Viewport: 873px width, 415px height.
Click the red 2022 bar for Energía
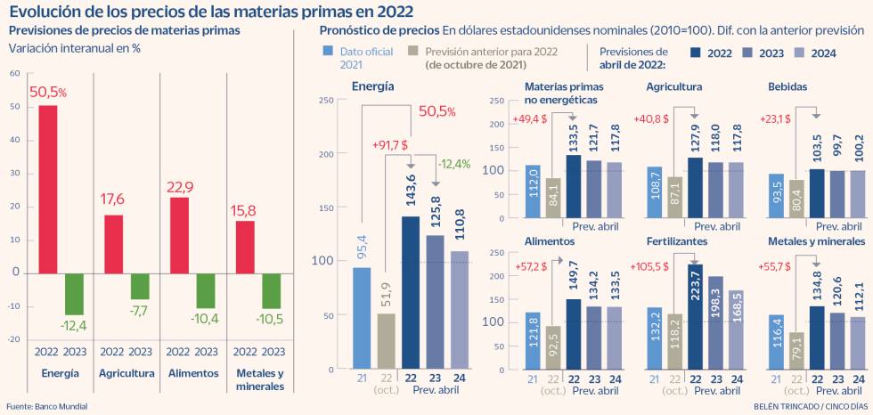[x=48, y=189]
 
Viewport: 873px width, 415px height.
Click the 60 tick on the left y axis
[x=14, y=72]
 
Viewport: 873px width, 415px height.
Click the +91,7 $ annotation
[x=389, y=142]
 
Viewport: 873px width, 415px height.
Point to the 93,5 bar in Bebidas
[x=776, y=195]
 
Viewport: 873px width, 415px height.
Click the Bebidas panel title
[x=787, y=87]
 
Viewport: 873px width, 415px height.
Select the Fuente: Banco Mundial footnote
[x=46, y=406]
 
